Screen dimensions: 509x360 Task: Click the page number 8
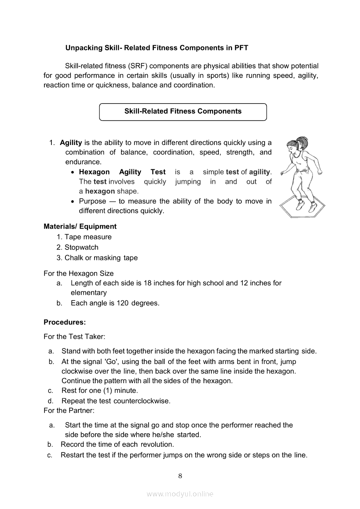[180, 475]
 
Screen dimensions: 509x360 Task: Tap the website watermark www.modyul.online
[180, 494]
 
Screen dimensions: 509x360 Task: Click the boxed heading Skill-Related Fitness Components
[183, 111]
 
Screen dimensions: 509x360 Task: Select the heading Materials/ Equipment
[80, 226]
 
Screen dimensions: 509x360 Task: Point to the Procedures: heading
[65, 322]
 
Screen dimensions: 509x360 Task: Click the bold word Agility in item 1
[71, 143]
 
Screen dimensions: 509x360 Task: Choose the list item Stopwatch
[82, 247]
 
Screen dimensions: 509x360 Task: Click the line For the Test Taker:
[75, 337]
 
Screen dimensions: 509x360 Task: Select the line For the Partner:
[69, 410]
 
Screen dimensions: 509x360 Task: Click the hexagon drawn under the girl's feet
[301, 211]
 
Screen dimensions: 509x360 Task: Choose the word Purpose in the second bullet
[92, 201]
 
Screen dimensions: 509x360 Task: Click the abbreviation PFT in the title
[241, 47]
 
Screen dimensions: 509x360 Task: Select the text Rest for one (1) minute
[99, 391]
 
